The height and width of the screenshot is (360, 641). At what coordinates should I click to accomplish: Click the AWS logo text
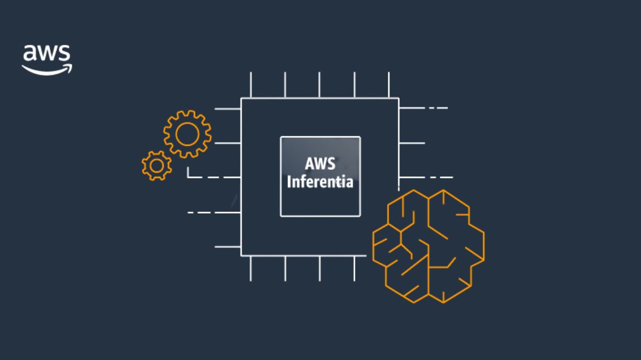click(x=46, y=54)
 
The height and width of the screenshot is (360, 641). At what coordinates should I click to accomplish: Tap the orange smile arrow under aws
click(x=47, y=69)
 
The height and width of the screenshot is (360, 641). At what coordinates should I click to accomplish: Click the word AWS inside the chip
click(x=320, y=164)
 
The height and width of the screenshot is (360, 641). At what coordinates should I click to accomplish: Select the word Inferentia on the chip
click(x=320, y=182)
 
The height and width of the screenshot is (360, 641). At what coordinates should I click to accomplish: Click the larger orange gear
click(x=187, y=134)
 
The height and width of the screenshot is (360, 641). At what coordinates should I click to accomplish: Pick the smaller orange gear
click(x=157, y=166)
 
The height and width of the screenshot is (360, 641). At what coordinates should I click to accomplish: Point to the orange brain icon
click(x=428, y=246)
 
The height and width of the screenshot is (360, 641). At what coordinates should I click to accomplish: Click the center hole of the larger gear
click(x=187, y=134)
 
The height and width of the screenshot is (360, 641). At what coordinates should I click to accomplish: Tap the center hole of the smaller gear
click(x=157, y=166)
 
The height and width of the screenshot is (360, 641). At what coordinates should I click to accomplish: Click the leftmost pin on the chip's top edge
click(x=251, y=85)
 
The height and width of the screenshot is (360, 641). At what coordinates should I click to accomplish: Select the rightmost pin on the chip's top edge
click(x=389, y=85)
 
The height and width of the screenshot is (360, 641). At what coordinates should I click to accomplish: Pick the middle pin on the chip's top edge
click(x=319, y=85)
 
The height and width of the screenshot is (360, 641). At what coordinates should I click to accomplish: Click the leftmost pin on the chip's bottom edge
click(x=251, y=268)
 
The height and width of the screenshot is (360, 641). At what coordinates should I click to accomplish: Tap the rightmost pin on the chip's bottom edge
click(x=354, y=268)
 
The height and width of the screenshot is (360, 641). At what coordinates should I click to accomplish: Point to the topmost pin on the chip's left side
click(x=228, y=109)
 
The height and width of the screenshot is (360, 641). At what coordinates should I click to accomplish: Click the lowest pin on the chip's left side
click(x=228, y=247)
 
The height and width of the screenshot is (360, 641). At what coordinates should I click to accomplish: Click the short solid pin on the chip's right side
click(x=412, y=143)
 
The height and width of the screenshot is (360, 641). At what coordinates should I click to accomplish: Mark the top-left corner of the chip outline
click(x=241, y=98)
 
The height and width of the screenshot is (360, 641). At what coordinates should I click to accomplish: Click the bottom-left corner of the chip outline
click(x=241, y=255)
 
